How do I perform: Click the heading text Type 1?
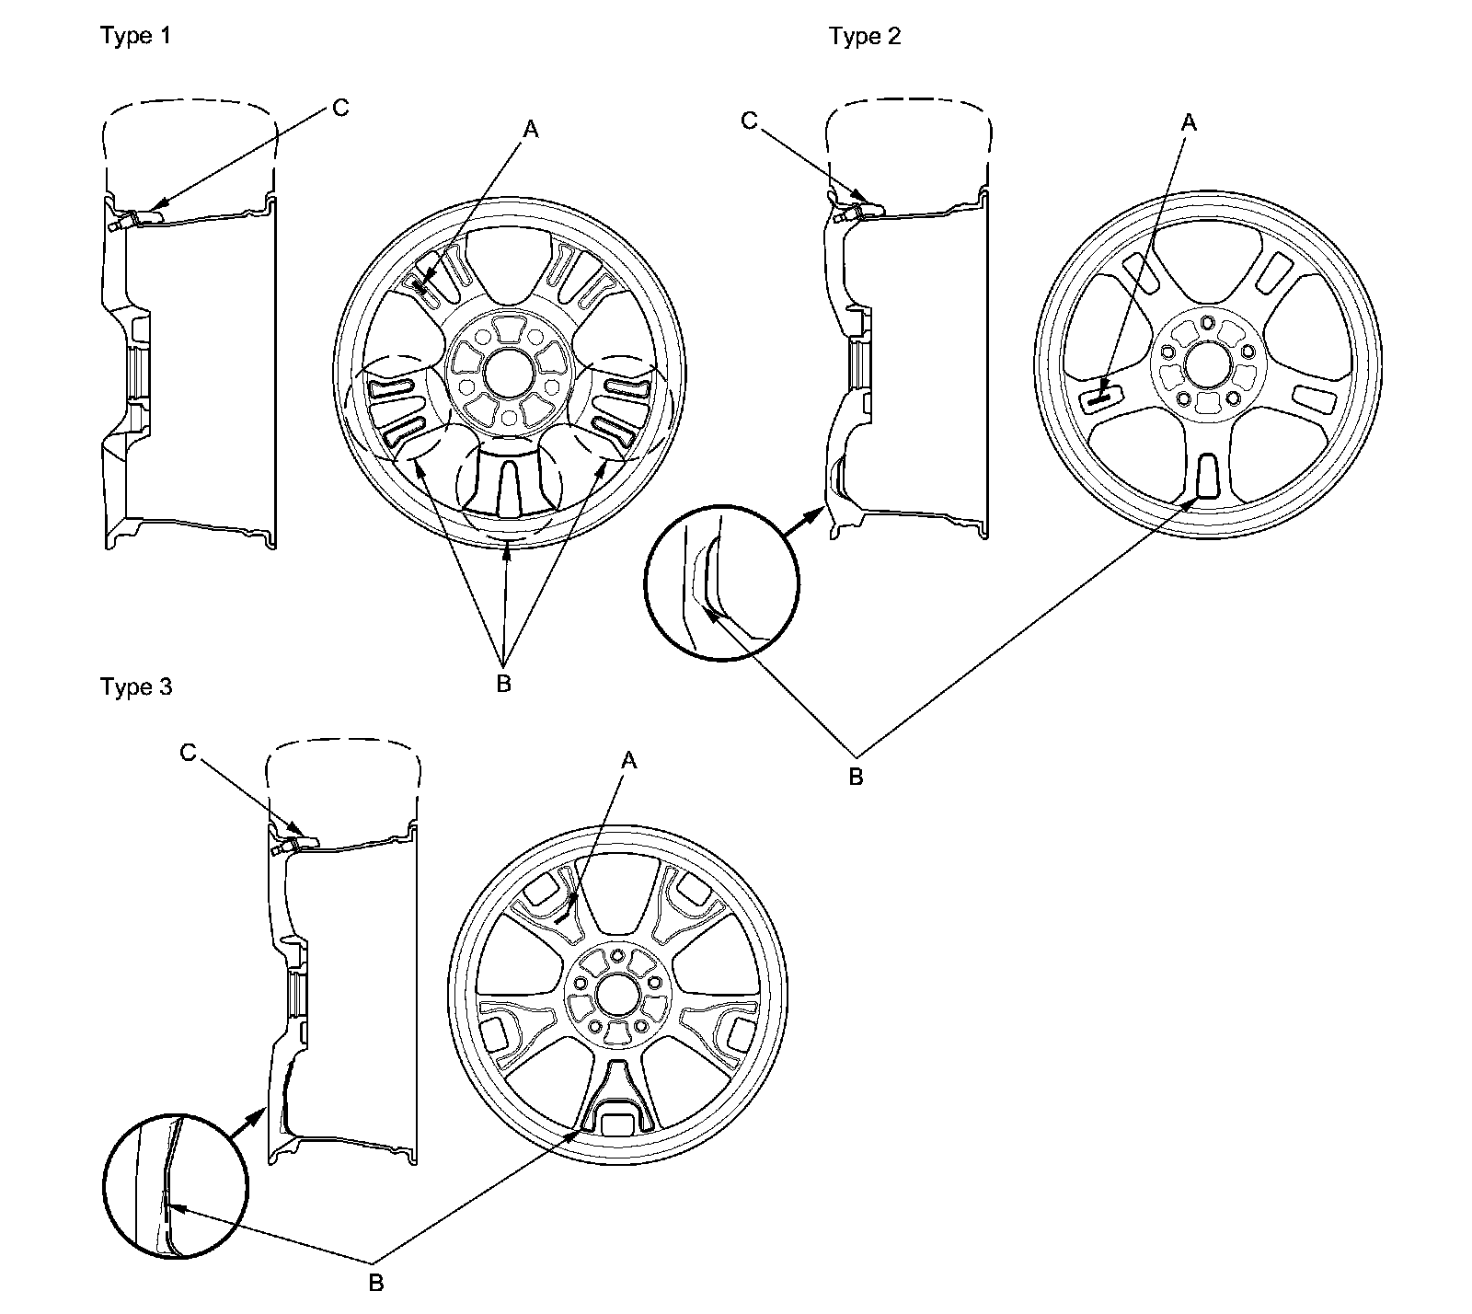coord(135,36)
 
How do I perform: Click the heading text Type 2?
coord(864,36)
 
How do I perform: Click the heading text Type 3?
coord(135,687)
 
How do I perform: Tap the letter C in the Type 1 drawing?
coord(340,109)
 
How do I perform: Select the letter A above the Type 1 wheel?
coord(530,131)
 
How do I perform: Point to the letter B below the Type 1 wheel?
coord(503,685)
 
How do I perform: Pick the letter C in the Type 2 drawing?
coord(749,121)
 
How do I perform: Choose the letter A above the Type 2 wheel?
coord(1189,121)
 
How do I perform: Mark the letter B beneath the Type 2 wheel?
coord(856,777)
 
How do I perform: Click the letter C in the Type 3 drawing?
coord(188,753)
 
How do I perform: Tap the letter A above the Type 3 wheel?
coord(629,760)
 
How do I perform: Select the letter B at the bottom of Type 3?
coord(375,1284)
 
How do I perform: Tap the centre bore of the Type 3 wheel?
coord(616,995)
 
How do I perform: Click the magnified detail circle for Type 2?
coord(722,582)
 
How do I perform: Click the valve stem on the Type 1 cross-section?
coord(117,223)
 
